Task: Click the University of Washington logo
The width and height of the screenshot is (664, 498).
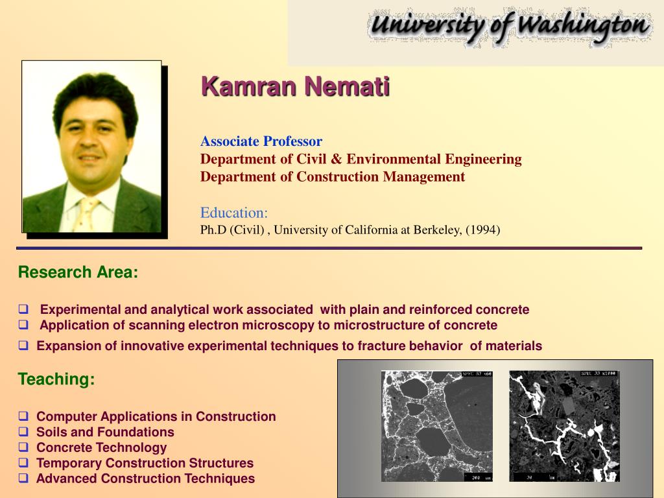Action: click(508, 27)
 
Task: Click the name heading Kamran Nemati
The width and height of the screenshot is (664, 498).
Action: click(295, 86)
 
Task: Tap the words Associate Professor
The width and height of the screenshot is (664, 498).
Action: click(261, 141)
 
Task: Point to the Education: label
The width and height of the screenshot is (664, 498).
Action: click(234, 213)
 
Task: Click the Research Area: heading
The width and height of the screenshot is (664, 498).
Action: click(78, 272)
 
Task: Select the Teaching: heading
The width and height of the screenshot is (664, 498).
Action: click(56, 379)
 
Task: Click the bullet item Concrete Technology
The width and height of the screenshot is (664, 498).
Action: click(101, 447)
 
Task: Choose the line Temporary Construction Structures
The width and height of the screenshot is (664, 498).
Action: click(145, 463)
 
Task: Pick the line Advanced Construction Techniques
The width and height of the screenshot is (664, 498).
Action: click(145, 479)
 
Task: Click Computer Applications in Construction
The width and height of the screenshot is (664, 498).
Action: click(156, 416)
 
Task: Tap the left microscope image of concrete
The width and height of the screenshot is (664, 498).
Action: click(436, 425)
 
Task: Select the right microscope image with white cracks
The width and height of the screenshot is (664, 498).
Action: click(563, 425)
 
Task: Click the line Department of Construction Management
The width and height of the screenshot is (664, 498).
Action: click(332, 177)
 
